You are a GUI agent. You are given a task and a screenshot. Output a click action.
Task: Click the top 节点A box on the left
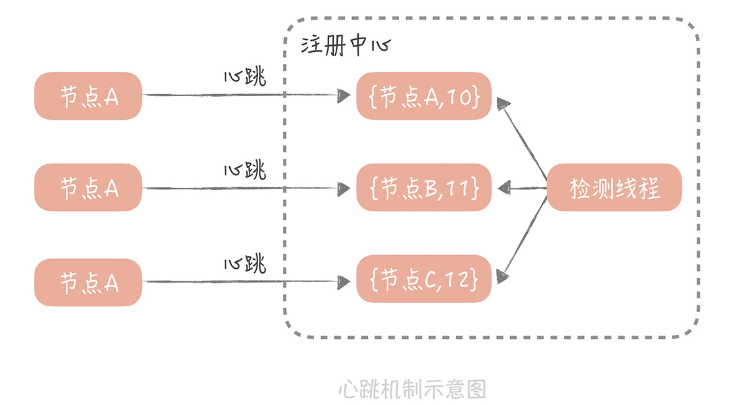[x=88, y=96]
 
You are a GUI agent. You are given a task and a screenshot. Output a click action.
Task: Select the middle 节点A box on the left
[x=88, y=188]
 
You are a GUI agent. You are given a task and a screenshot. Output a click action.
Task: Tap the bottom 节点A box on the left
[x=88, y=282]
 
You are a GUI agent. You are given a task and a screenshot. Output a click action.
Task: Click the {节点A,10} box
[x=423, y=96]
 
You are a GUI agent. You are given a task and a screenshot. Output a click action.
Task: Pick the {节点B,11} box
[x=423, y=188]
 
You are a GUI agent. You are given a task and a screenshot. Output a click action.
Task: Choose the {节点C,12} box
[x=423, y=279]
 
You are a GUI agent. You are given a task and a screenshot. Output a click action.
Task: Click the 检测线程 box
[x=613, y=188]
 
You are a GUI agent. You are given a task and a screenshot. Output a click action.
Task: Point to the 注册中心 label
[x=345, y=46]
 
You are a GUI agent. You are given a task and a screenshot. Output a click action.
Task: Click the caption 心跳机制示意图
[x=412, y=389]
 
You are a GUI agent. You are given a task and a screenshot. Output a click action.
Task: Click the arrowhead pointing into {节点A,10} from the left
[x=344, y=96]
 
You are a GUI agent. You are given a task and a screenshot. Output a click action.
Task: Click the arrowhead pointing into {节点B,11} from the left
[x=344, y=188]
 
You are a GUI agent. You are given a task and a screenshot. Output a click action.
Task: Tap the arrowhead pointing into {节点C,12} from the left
[x=344, y=282]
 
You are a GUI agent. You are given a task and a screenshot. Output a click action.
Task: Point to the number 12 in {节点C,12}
[x=465, y=280]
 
